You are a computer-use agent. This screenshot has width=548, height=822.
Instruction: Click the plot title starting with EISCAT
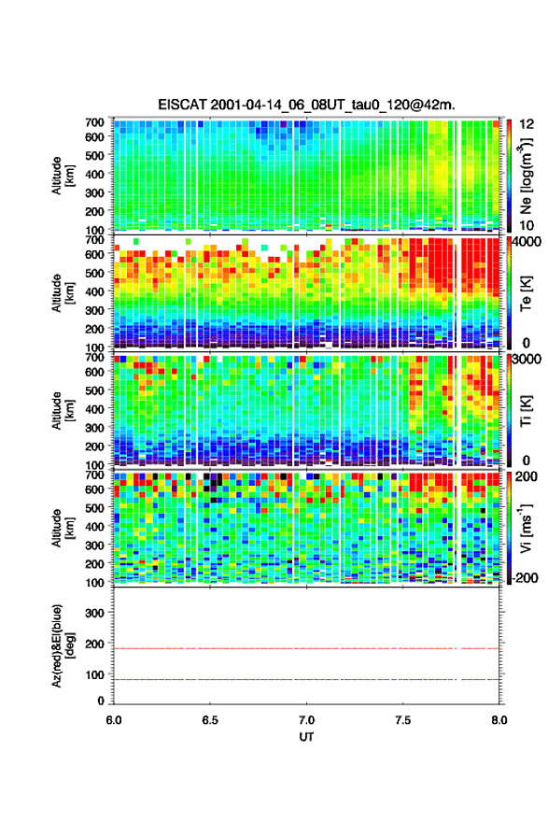click(306, 105)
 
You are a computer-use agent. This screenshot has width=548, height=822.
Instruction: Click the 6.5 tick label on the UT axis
click(210, 720)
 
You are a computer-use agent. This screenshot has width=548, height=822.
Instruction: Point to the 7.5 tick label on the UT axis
click(403, 720)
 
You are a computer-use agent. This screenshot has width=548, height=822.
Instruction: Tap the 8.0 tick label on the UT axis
click(499, 720)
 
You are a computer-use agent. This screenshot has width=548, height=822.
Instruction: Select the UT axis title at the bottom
click(306, 737)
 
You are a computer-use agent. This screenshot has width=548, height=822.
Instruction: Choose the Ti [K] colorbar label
click(526, 411)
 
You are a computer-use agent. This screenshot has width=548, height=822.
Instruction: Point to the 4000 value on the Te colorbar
click(527, 242)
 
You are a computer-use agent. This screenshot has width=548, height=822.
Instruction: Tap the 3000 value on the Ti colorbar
click(527, 360)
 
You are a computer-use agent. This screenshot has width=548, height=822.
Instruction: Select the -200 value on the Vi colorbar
click(526, 578)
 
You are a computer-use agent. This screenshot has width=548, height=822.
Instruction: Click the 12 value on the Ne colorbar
click(527, 124)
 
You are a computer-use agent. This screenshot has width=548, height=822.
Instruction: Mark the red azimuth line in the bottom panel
click(306, 648)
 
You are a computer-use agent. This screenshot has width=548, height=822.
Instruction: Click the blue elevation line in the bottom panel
click(306, 679)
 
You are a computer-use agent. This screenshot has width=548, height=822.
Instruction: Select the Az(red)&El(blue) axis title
click(61, 645)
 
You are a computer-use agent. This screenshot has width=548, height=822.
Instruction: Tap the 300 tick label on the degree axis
click(95, 613)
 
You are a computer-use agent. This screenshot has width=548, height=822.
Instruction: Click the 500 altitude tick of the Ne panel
click(95, 155)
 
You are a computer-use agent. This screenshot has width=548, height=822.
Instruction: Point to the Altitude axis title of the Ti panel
click(61, 411)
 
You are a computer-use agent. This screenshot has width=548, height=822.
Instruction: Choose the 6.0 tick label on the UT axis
click(114, 720)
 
